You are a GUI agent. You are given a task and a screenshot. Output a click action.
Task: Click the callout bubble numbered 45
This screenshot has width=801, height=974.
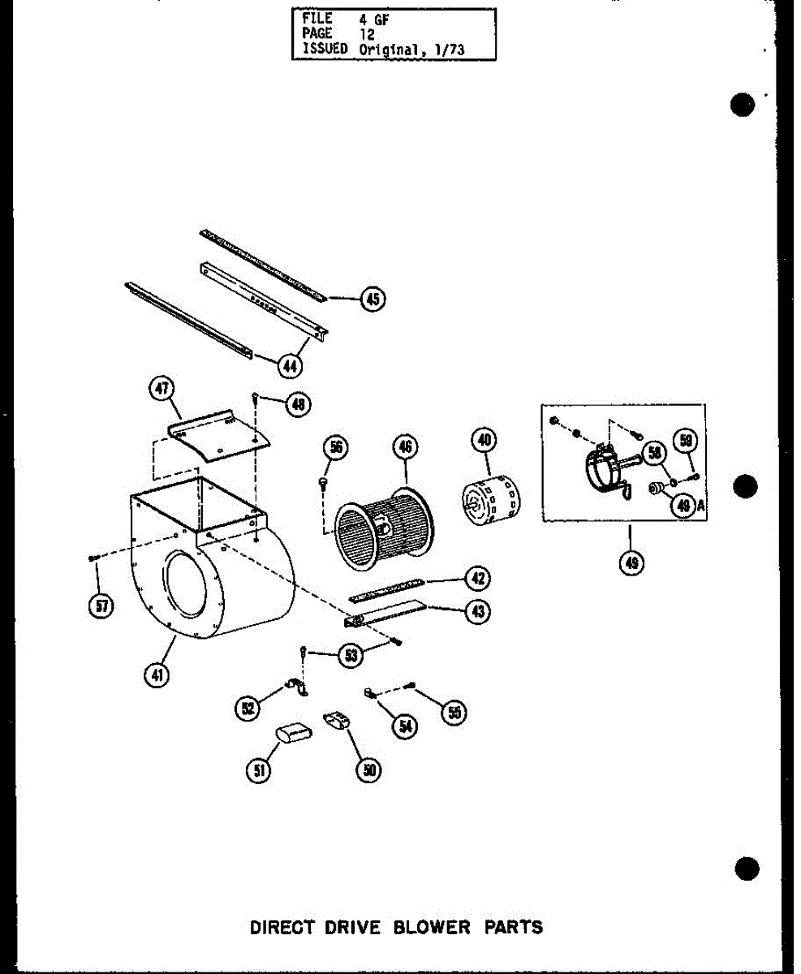(x=372, y=300)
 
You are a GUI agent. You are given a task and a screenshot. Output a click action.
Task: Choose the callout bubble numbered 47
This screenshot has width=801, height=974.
(x=161, y=390)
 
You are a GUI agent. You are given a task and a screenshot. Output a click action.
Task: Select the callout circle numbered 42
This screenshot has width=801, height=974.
(x=477, y=579)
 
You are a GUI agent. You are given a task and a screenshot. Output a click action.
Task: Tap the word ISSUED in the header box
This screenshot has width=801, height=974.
(x=325, y=48)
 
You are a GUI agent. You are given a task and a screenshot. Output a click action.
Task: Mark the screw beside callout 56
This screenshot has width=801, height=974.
(x=324, y=484)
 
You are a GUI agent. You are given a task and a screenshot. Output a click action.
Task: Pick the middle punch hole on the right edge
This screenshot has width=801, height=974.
(x=743, y=488)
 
